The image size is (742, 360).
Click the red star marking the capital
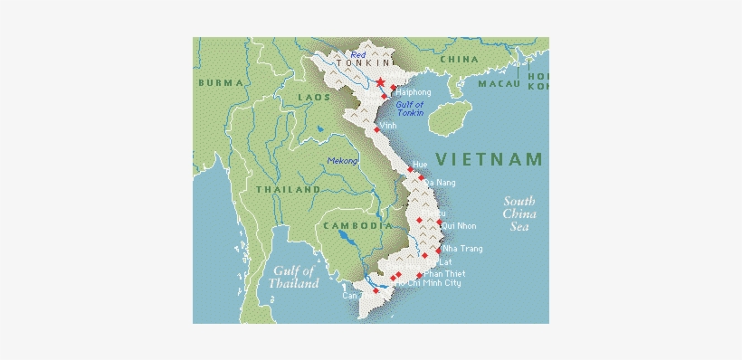click(x=381, y=83)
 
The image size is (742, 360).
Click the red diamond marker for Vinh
click(x=377, y=130)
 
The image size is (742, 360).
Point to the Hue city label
click(x=419, y=165)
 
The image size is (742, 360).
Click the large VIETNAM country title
click(x=489, y=160)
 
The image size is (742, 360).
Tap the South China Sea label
click(x=519, y=214)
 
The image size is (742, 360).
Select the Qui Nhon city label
click(x=460, y=226)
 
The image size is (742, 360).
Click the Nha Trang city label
click(x=461, y=249)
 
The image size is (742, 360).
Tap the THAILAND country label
click(x=288, y=190)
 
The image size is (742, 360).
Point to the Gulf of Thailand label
click(x=294, y=277)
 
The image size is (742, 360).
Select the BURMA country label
click(x=221, y=82)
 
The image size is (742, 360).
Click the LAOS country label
click(x=313, y=96)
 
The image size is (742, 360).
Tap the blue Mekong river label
click(x=342, y=161)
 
